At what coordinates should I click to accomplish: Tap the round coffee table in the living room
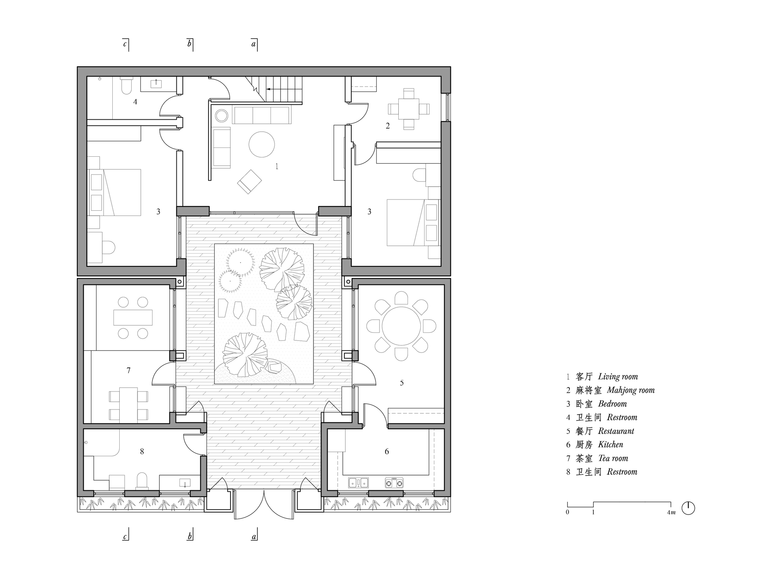click(262, 144)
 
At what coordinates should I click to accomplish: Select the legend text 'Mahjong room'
click(631, 390)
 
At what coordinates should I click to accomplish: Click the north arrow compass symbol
click(688, 508)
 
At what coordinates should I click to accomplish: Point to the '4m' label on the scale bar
click(672, 513)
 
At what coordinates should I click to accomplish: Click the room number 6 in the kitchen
click(387, 452)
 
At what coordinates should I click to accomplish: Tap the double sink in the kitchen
click(358, 482)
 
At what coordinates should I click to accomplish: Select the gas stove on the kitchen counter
click(394, 482)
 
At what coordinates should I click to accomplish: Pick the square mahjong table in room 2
click(409, 109)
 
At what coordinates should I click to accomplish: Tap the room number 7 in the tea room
click(129, 371)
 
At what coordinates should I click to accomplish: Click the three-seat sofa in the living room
click(262, 115)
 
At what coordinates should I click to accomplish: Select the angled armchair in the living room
click(249, 181)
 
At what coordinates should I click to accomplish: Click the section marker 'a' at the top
click(254, 44)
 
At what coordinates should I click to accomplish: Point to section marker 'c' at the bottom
click(125, 536)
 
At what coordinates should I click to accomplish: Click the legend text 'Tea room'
click(613, 458)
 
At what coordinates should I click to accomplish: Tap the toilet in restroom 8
click(142, 481)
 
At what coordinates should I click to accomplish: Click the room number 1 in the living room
click(277, 166)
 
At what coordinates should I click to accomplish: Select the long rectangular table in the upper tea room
click(133, 317)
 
